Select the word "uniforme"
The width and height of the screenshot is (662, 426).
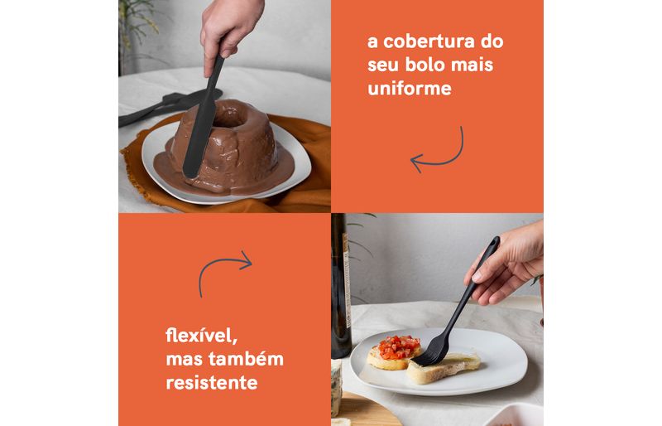coord(410,89)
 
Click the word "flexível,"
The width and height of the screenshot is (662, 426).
coord(202,336)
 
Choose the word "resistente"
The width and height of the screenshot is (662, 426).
coord(212,383)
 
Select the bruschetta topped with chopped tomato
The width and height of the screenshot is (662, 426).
coord(394,352)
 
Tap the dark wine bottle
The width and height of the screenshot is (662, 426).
coord(341,288)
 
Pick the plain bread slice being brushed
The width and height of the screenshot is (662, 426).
coord(444,367)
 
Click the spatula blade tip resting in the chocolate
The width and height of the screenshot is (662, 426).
coord(191,172)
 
